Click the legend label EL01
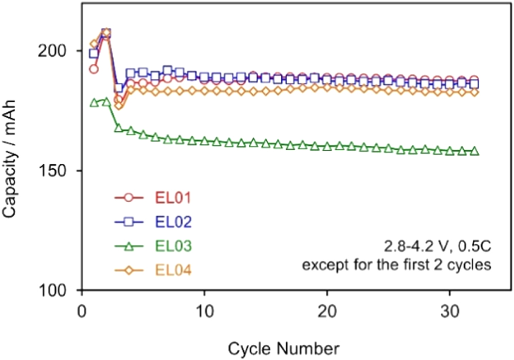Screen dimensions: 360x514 coord(173,197)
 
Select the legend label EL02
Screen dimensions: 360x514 coord(173,222)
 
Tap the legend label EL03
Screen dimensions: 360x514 coord(173,246)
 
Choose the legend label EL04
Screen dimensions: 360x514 coord(173,269)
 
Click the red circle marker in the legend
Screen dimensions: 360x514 coord(129,197)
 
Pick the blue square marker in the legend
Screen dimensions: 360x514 coord(129,222)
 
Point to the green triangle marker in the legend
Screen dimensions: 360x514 coord(129,246)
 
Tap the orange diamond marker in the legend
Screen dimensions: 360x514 coord(129,269)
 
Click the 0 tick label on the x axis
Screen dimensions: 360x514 coord(82,312)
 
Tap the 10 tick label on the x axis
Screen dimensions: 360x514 coord(205,312)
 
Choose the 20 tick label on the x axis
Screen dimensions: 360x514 coord(327,312)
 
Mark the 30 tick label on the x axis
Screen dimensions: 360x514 coord(450,312)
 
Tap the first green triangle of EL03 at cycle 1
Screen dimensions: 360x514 coord(94,103)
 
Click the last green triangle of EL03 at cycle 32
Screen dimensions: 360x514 coord(474,151)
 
